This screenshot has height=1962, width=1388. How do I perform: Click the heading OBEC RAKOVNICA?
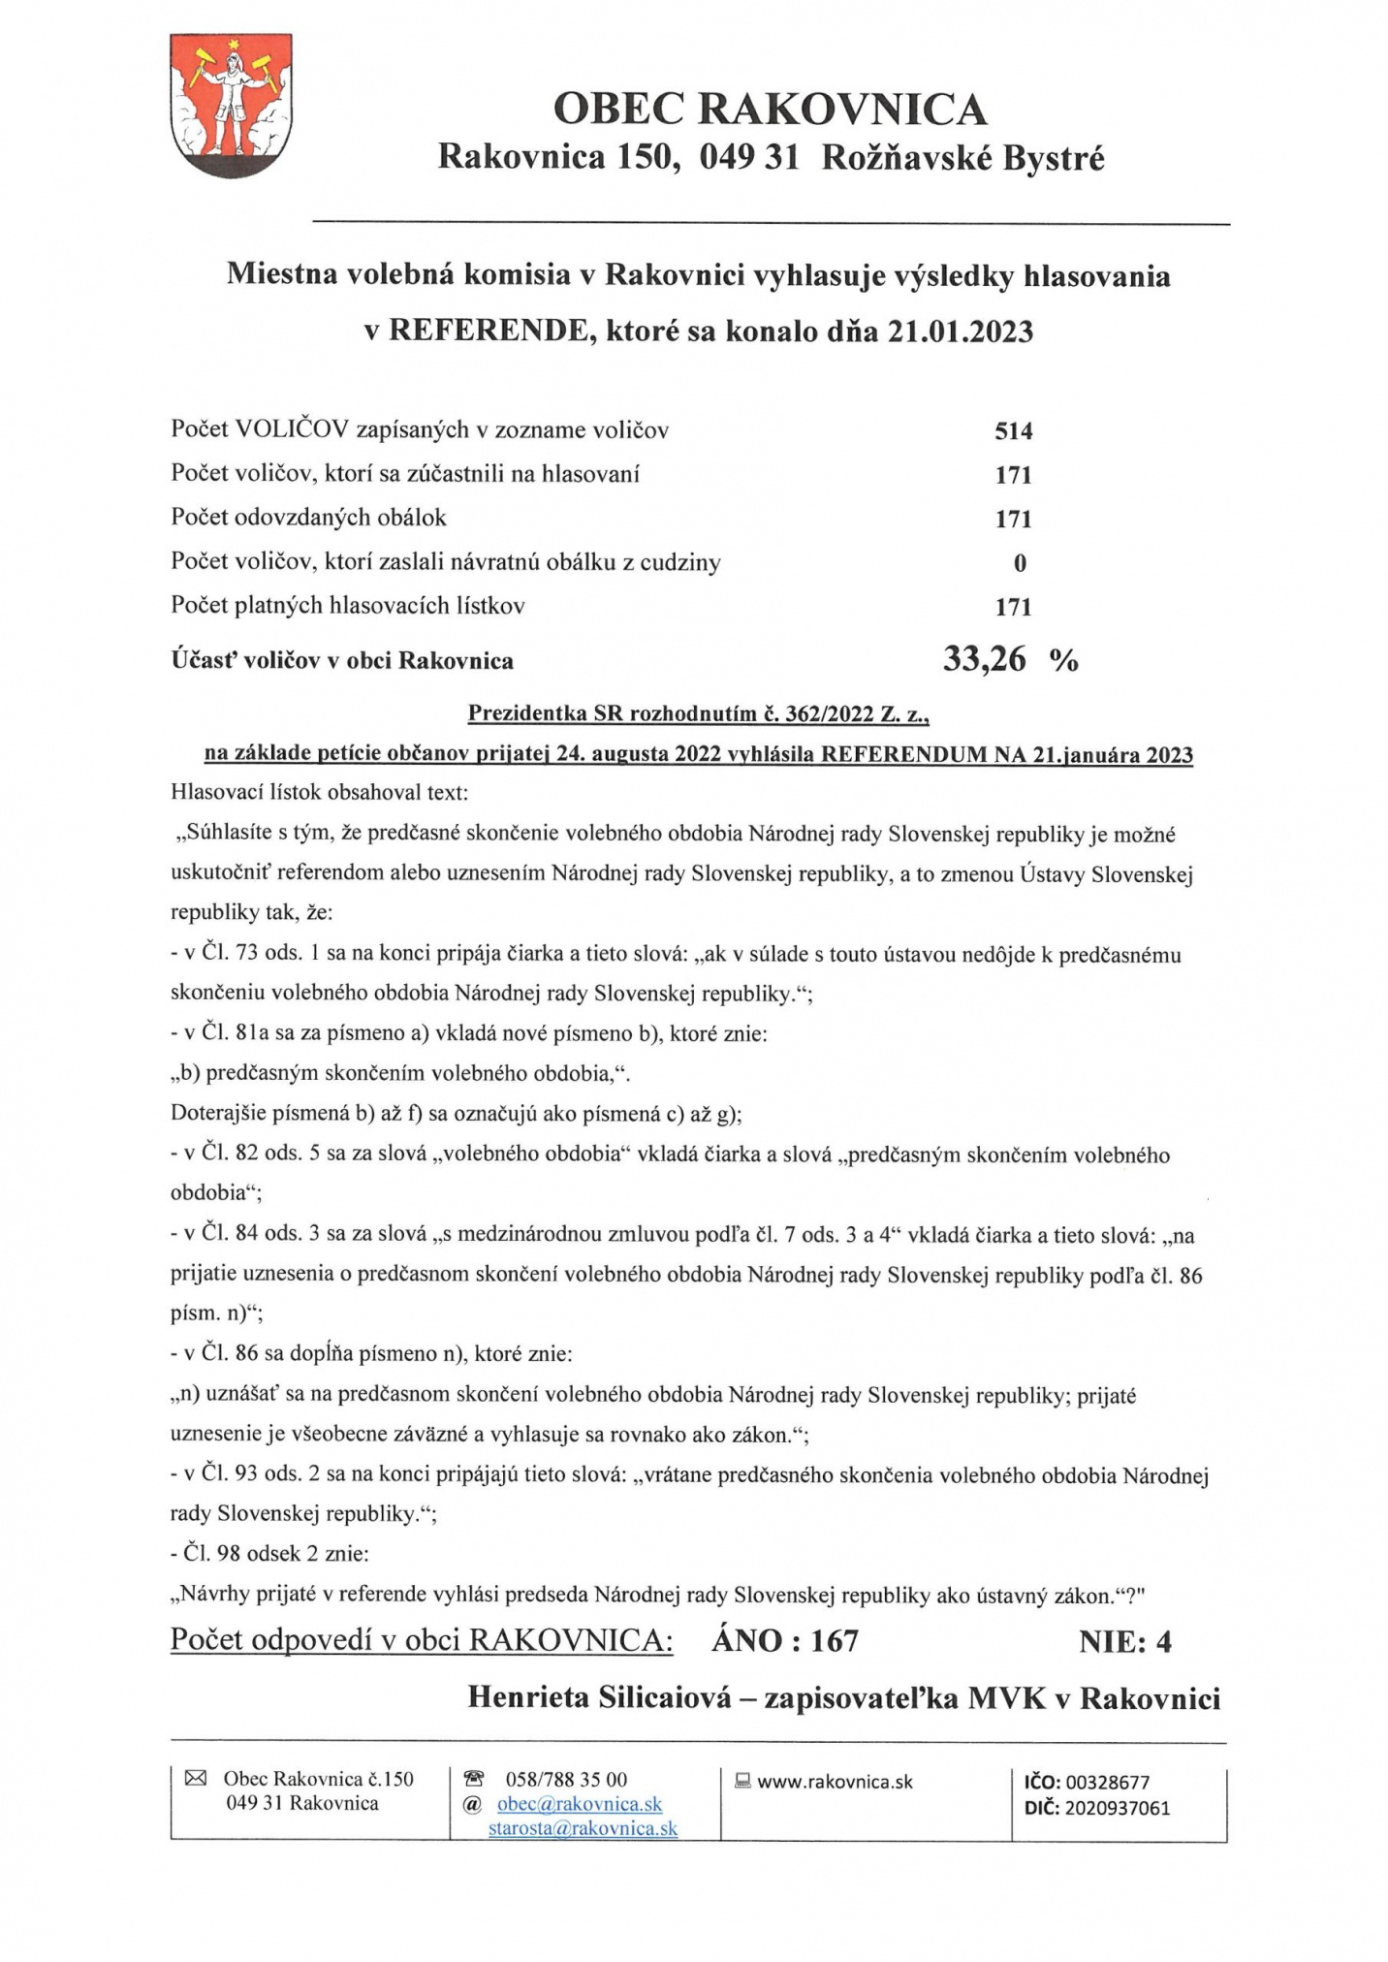coord(770,109)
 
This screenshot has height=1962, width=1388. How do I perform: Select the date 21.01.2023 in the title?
coord(961,332)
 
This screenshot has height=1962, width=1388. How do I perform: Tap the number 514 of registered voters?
coord(1013,430)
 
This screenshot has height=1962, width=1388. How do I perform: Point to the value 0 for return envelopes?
coord(1020,563)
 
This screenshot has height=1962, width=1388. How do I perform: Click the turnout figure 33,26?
coord(984,660)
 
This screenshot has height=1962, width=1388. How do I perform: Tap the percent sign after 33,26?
coord(1063,662)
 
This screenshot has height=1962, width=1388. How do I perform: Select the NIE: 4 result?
coord(1124,1640)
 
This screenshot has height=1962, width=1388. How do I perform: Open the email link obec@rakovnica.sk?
coord(579,1804)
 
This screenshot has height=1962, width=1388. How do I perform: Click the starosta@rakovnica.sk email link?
coord(583,1828)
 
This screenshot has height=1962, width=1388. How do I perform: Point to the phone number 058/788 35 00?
coord(566,1780)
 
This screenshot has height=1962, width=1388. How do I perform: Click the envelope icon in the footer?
coord(196,1778)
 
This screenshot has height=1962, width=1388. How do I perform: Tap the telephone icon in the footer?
coord(474,1779)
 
